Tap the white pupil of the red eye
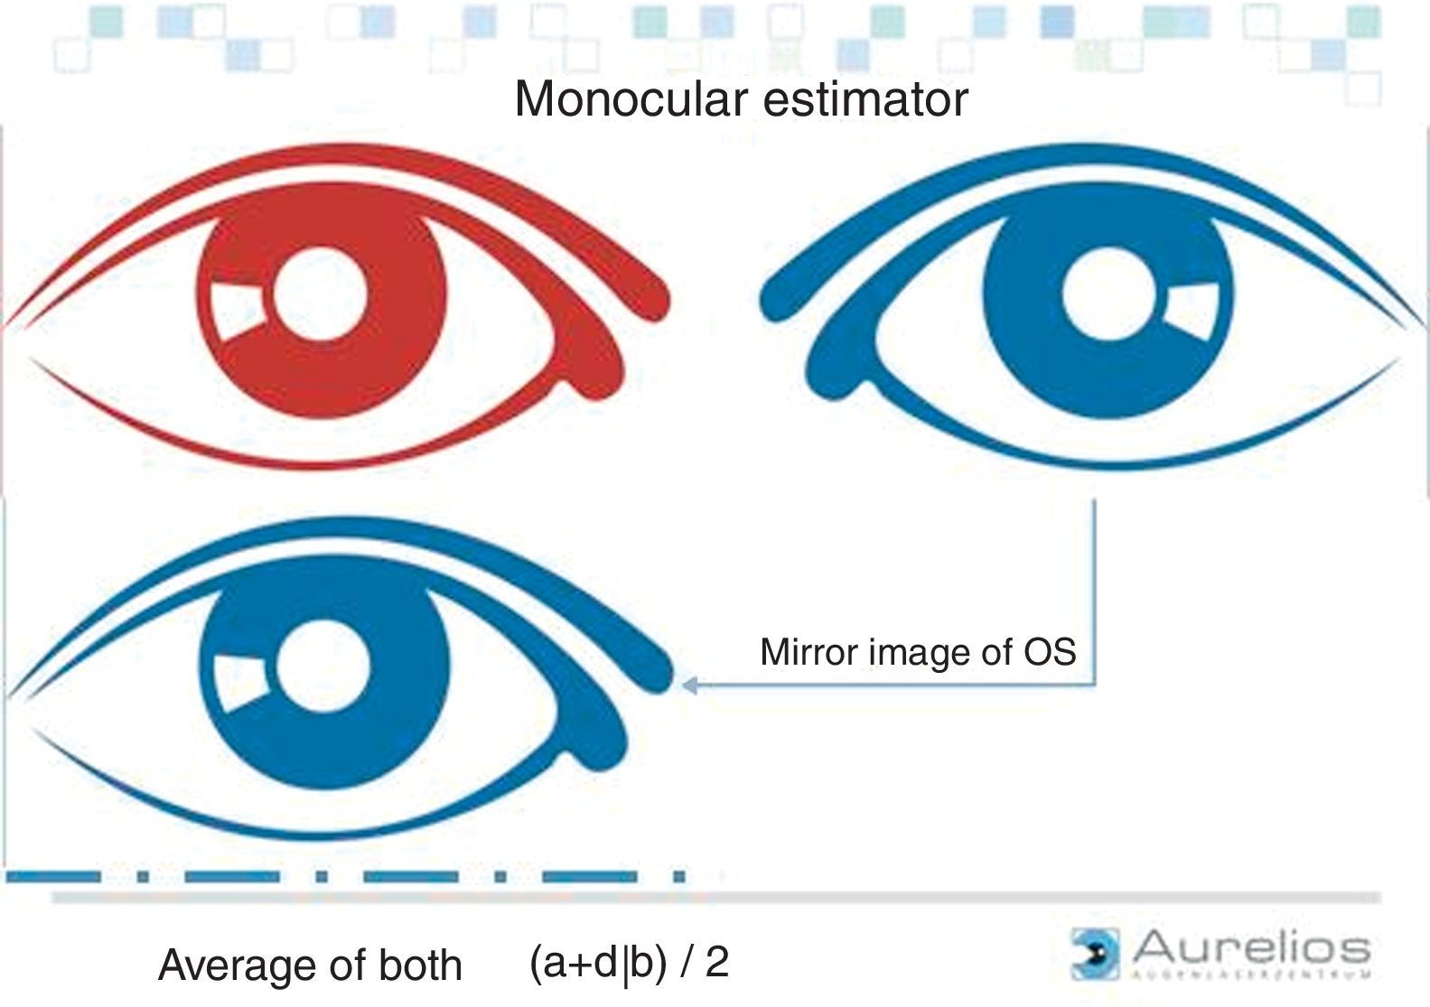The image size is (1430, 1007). pyautogui.click(x=321, y=294)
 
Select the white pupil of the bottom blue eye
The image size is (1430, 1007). pyautogui.click(x=323, y=666)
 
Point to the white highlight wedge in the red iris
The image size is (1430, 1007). pyautogui.click(x=236, y=312)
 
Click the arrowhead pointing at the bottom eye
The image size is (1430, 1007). pyautogui.click(x=689, y=685)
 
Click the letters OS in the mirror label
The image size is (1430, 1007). pyautogui.click(x=1050, y=651)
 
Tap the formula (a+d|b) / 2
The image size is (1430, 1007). pyautogui.click(x=629, y=963)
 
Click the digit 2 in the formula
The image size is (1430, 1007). pyautogui.click(x=717, y=962)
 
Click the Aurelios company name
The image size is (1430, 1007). pyautogui.click(x=1251, y=948)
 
